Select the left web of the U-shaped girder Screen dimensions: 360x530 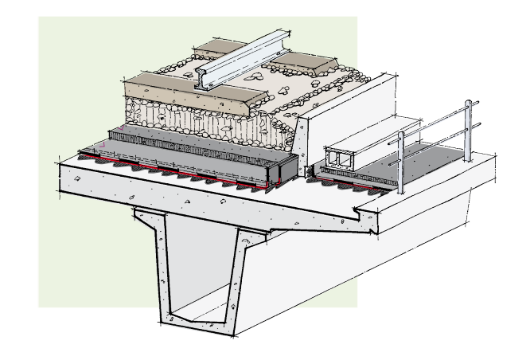(154, 263)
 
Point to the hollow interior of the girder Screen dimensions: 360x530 (199, 271)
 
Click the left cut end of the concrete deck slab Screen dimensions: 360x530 (80, 179)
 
